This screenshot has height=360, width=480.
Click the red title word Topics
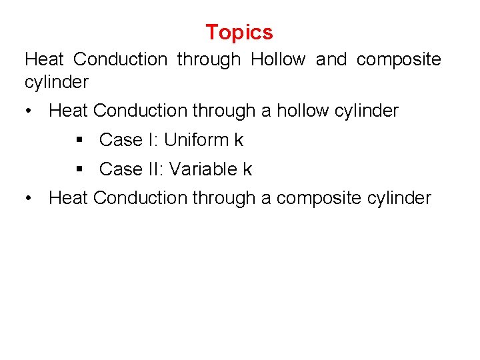[x=239, y=32]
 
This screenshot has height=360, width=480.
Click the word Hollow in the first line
[x=278, y=59]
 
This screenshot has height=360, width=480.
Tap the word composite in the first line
[x=399, y=59]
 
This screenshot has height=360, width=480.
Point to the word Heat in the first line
[x=44, y=59]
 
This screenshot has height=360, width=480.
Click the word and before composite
[x=331, y=59]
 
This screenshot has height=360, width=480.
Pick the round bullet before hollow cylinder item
[x=29, y=111]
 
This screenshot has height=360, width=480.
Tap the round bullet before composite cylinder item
[x=29, y=198]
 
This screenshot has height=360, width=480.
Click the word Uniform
[x=195, y=140]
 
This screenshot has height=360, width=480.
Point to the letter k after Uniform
[x=239, y=140]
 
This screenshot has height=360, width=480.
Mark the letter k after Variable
[x=247, y=169]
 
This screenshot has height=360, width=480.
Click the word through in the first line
[x=209, y=59]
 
